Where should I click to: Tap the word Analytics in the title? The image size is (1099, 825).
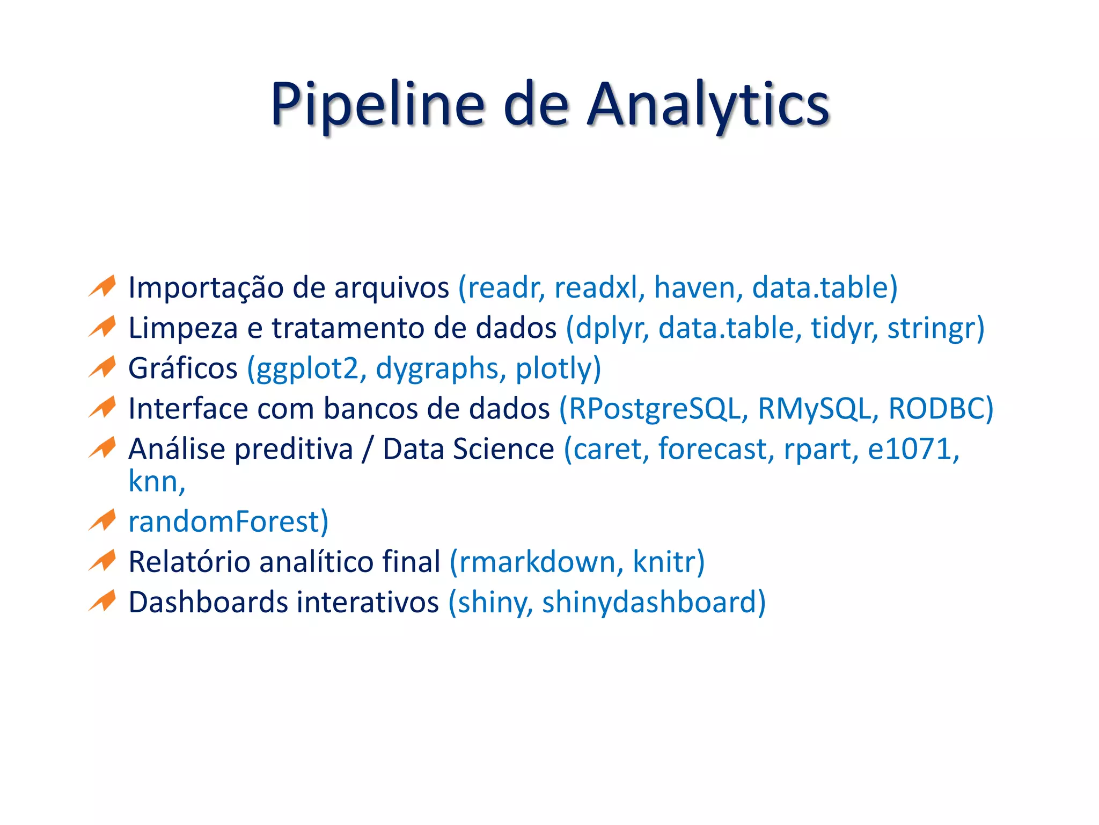tap(708, 105)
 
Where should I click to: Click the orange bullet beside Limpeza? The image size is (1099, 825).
tap(102, 327)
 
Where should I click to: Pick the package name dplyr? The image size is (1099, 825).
tap(609, 329)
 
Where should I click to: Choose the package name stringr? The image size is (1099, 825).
tap(931, 329)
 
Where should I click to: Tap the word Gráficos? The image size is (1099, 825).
tap(182, 369)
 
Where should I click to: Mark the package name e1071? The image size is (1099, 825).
tap(909, 449)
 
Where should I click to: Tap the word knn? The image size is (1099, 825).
tap(153, 482)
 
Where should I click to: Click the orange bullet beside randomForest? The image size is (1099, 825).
tap(102, 520)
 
